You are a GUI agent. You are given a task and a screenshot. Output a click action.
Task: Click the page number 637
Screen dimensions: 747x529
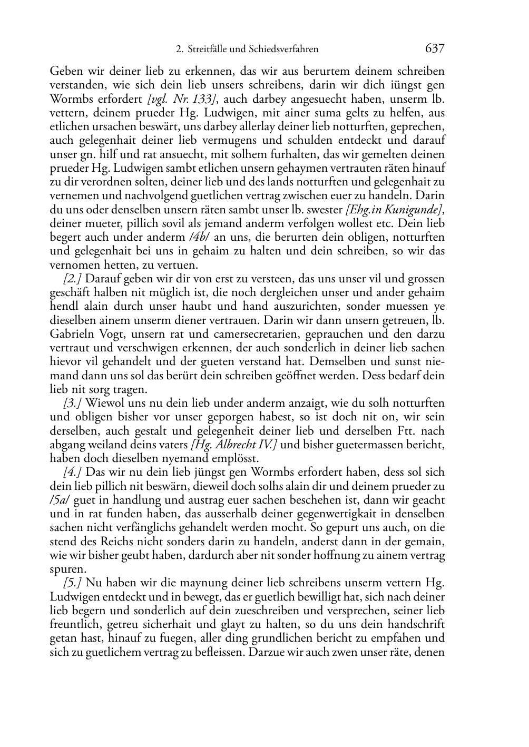435,49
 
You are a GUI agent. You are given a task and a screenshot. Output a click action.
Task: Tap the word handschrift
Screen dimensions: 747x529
416,624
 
